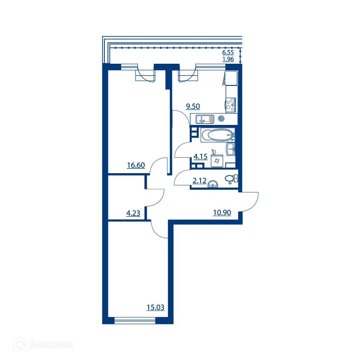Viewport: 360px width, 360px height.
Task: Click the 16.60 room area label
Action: [x=136, y=165]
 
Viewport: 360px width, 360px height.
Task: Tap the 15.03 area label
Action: [x=156, y=307]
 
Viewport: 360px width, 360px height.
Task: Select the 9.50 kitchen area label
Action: [x=193, y=106]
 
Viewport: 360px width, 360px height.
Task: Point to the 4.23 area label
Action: [x=133, y=213]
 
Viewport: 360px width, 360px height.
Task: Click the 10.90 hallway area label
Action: [x=222, y=213]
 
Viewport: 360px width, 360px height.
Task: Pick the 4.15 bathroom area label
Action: [x=201, y=157]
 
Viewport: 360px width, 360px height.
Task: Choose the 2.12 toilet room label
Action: [x=199, y=181]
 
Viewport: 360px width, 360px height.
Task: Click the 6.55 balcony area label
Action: [x=228, y=52]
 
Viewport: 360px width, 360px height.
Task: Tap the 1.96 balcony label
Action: [x=228, y=59]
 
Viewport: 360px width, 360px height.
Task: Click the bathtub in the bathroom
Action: [x=218, y=135]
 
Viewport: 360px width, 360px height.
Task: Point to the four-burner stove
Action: [x=230, y=105]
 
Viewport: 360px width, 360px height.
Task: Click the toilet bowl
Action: [x=231, y=179]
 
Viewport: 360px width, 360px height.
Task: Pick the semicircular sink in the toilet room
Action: [x=213, y=184]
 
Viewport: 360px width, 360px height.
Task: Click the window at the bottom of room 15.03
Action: [x=135, y=320]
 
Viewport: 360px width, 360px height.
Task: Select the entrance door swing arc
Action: [x=254, y=205]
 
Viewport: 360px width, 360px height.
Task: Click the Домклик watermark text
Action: [x=51, y=345]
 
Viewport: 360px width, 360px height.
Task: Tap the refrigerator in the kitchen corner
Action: [x=231, y=78]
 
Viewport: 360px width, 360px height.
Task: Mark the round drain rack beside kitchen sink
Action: [x=221, y=119]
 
